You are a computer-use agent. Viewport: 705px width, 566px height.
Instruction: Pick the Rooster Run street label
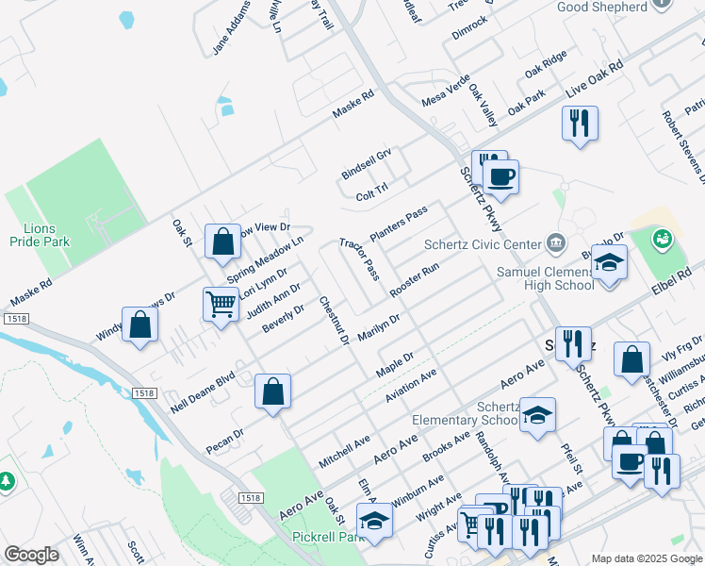pos(415,280)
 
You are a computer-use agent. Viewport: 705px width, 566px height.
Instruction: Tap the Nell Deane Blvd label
pos(201,391)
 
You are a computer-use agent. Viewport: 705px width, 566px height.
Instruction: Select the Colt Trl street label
pos(372,193)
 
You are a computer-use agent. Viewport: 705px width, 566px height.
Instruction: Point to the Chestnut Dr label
pos(334,321)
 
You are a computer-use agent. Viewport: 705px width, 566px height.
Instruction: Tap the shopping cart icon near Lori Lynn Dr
pos(221,305)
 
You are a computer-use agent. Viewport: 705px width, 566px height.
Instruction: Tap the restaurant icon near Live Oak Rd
pos(580,124)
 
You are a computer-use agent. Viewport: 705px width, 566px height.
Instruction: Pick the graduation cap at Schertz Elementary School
pos(537,415)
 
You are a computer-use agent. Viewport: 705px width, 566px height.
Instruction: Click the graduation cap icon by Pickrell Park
pos(374,521)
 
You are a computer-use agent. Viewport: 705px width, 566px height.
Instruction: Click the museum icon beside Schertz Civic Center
pos(555,244)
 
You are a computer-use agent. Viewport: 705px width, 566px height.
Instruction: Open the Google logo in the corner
pos(31,555)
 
